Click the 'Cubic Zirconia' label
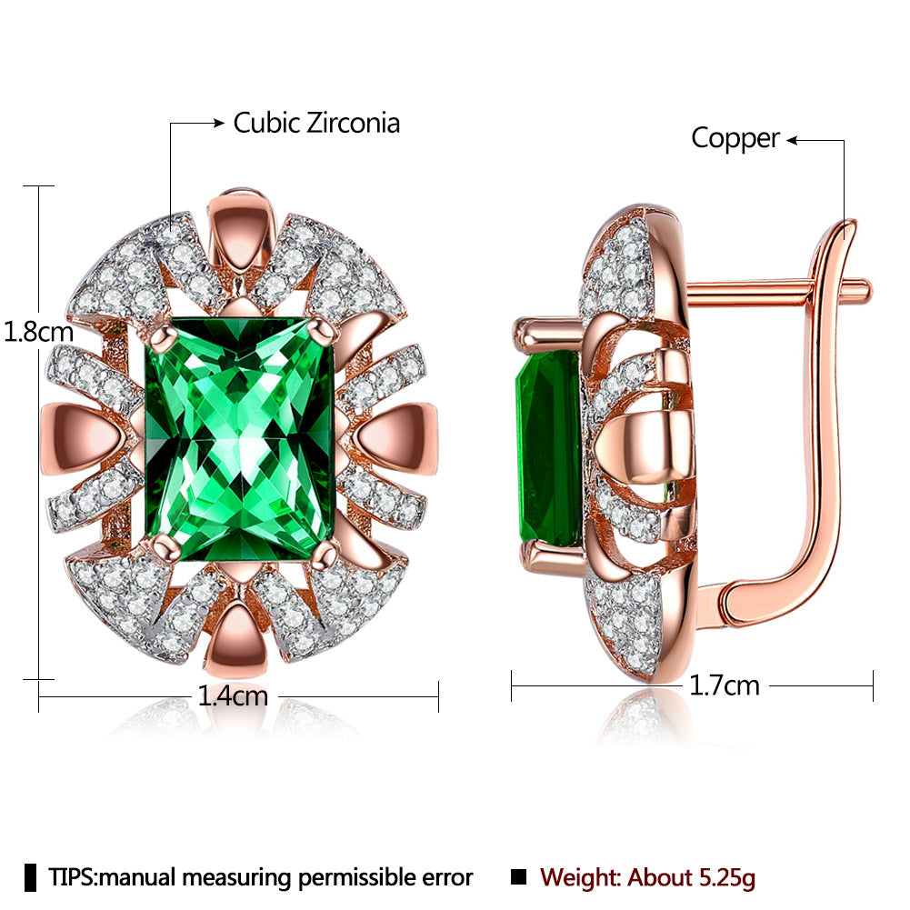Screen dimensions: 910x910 [x=316, y=123]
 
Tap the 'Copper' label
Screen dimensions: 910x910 [x=735, y=139]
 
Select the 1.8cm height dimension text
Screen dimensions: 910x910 [x=38, y=332]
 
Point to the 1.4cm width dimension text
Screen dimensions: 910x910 [x=233, y=695]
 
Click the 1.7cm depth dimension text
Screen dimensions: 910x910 [x=725, y=686]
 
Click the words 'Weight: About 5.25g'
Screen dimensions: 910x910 [x=647, y=877]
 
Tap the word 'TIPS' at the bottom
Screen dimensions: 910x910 [x=72, y=877]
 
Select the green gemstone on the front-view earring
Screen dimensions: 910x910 [x=240, y=439]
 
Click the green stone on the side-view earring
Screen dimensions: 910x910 [x=548, y=448]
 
